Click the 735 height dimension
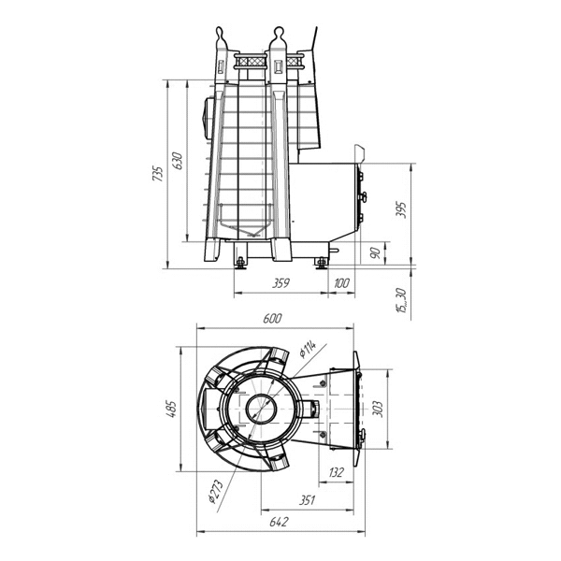158,174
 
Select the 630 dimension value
178,161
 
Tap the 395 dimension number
401,209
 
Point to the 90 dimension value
375,253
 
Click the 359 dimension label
280,283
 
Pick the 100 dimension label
341,283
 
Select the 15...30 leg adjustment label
402,300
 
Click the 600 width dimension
273,318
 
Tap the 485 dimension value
172,409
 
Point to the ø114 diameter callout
308,349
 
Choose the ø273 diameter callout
216,491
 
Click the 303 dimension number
378,410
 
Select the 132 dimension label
336,472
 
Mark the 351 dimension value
307,499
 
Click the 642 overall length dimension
279,522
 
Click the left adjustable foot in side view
240,263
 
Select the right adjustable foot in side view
322,263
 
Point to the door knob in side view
363,197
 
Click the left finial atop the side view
220,36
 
